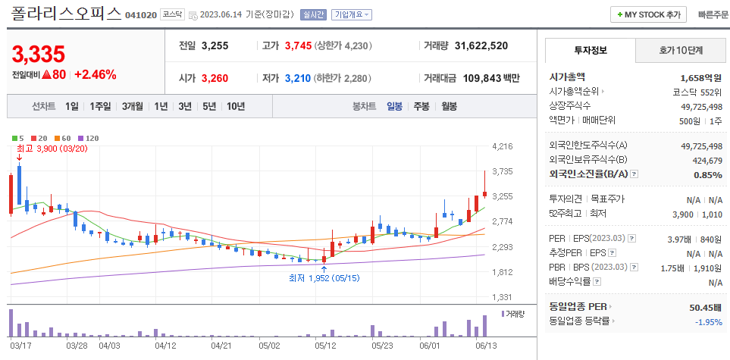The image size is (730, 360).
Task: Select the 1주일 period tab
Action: point(100,106)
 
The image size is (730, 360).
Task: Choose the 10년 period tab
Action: point(235,106)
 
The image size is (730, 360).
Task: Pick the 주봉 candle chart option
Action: point(421,106)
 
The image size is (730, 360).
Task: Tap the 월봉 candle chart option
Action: point(449,106)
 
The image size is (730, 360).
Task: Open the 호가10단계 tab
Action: point(680,51)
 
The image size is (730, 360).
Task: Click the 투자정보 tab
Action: point(591,51)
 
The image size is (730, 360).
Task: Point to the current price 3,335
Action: point(39,55)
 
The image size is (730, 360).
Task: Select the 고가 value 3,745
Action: point(298,45)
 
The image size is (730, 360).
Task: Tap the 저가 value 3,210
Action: point(298,78)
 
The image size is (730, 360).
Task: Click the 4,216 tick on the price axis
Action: point(503,146)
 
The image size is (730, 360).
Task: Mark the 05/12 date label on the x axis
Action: point(325,345)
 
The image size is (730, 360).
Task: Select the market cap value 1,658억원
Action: point(700,77)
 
